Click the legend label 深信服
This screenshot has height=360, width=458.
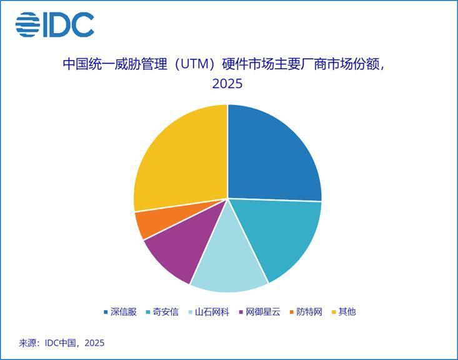click(x=124, y=312)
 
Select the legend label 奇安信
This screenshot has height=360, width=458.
click(x=166, y=312)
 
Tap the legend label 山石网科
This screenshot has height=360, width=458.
click(x=212, y=312)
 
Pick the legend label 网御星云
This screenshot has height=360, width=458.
click(x=263, y=312)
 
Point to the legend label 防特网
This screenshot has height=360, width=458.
click(x=309, y=312)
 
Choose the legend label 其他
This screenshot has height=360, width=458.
click(x=347, y=312)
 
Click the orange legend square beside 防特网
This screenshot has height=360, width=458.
click(x=292, y=312)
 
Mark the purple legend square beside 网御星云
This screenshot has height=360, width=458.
click(x=241, y=312)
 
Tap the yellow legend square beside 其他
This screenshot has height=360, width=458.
click(x=334, y=312)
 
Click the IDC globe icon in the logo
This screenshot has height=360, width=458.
click(x=27, y=24)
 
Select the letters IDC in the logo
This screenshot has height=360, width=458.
click(x=69, y=24)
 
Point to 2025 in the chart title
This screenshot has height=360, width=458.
click(x=227, y=84)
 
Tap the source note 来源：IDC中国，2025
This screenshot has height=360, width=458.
click(x=62, y=342)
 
